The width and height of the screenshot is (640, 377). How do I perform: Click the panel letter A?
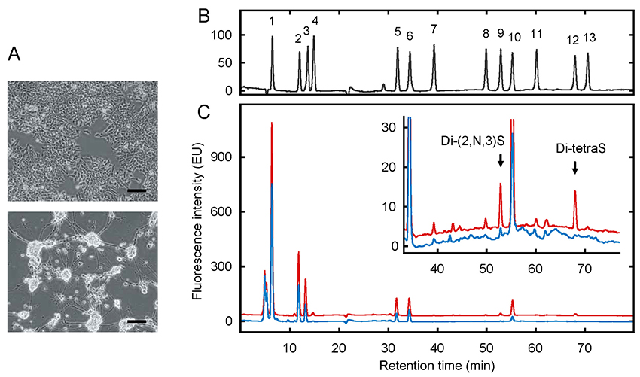(x=14, y=54)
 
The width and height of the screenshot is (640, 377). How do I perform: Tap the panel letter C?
(x=201, y=113)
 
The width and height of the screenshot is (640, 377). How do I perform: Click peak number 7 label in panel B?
(x=434, y=29)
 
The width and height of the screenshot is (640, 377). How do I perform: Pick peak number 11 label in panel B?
(x=536, y=34)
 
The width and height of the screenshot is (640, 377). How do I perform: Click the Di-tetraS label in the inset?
(x=574, y=149)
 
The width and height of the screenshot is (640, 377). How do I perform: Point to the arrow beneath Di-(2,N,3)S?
(x=500, y=160)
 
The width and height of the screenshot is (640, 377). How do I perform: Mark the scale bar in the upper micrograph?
(x=136, y=190)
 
